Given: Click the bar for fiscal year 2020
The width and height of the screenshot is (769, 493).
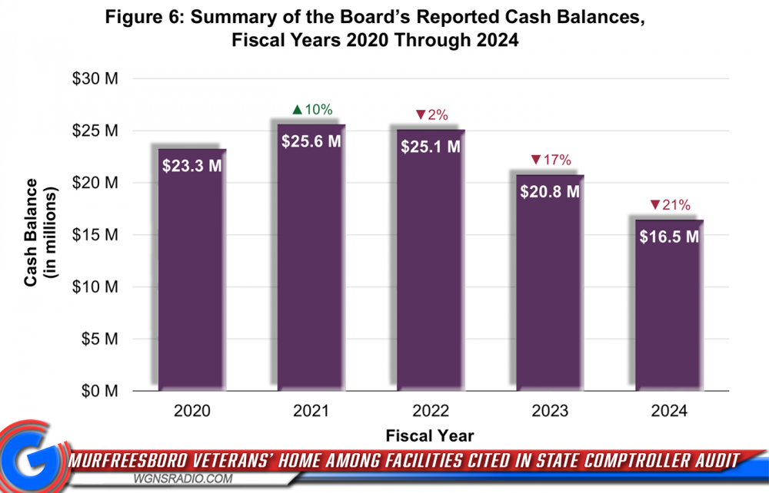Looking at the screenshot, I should (x=191, y=269).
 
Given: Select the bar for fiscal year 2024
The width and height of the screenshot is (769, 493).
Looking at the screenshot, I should (x=669, y=307).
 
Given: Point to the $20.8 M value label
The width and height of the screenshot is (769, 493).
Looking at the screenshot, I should (x=550, y=191).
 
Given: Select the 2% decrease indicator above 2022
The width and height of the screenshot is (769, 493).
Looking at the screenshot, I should (x=431, y=114).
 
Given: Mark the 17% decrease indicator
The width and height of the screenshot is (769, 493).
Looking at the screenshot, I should (x=551, y=160).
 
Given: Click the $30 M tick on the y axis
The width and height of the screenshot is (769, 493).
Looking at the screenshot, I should (x=99, y=78).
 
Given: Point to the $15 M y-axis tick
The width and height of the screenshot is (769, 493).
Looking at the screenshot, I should (x=99, y=234).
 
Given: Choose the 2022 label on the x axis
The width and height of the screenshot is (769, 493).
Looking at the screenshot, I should (x=430, y=412).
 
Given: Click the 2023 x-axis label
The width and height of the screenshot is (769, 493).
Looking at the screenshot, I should (x=549, y=412).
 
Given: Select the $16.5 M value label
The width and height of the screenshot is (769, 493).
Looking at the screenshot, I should (x=669, y=237).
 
